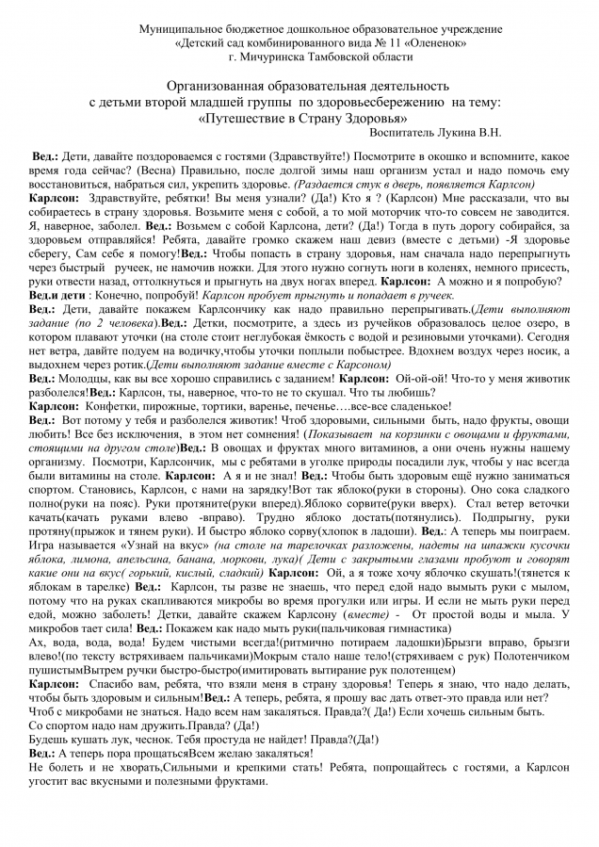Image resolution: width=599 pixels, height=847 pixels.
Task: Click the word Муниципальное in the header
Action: [x=177, y=29]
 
